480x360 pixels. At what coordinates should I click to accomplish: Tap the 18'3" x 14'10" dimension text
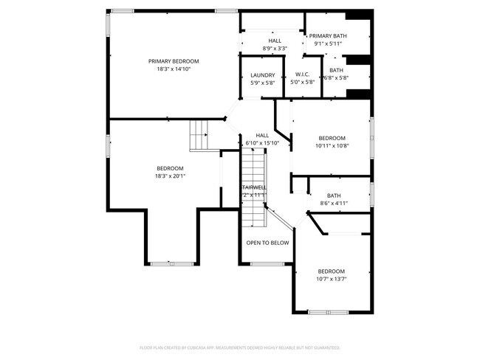(x=174, y=69)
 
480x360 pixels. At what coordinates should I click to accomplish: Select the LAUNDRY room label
(x=262, y=75)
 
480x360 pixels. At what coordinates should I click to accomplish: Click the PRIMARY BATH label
(x=328, y=36)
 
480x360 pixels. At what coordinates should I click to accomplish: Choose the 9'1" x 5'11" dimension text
(x=328, y=44)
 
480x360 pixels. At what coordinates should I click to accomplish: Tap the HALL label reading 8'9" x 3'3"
(x=275, y=41)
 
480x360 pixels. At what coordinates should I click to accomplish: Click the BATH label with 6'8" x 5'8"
(x=336, y=70)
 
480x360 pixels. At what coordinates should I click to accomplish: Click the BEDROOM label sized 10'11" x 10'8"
(x=332, y=138)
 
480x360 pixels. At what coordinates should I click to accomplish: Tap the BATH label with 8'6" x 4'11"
(x=334, y=195)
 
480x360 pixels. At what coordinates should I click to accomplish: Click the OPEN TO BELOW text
(x=267, y=242)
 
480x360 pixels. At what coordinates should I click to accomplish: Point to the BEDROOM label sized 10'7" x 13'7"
(x=331, y=271)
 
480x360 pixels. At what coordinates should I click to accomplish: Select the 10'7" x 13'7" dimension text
(x=331, y=279)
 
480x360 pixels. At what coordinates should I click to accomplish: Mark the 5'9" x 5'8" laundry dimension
(x=262, y=83)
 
